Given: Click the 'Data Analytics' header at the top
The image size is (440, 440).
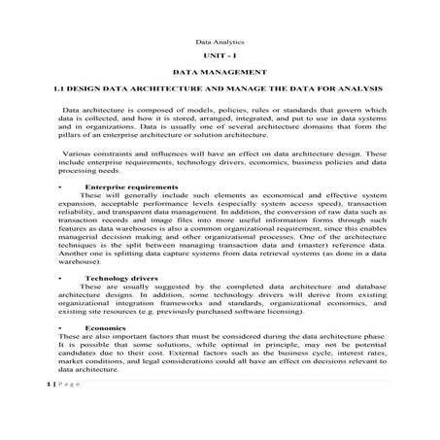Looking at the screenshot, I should point(220,43).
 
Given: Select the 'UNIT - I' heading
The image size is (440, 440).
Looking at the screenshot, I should point(220,58).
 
